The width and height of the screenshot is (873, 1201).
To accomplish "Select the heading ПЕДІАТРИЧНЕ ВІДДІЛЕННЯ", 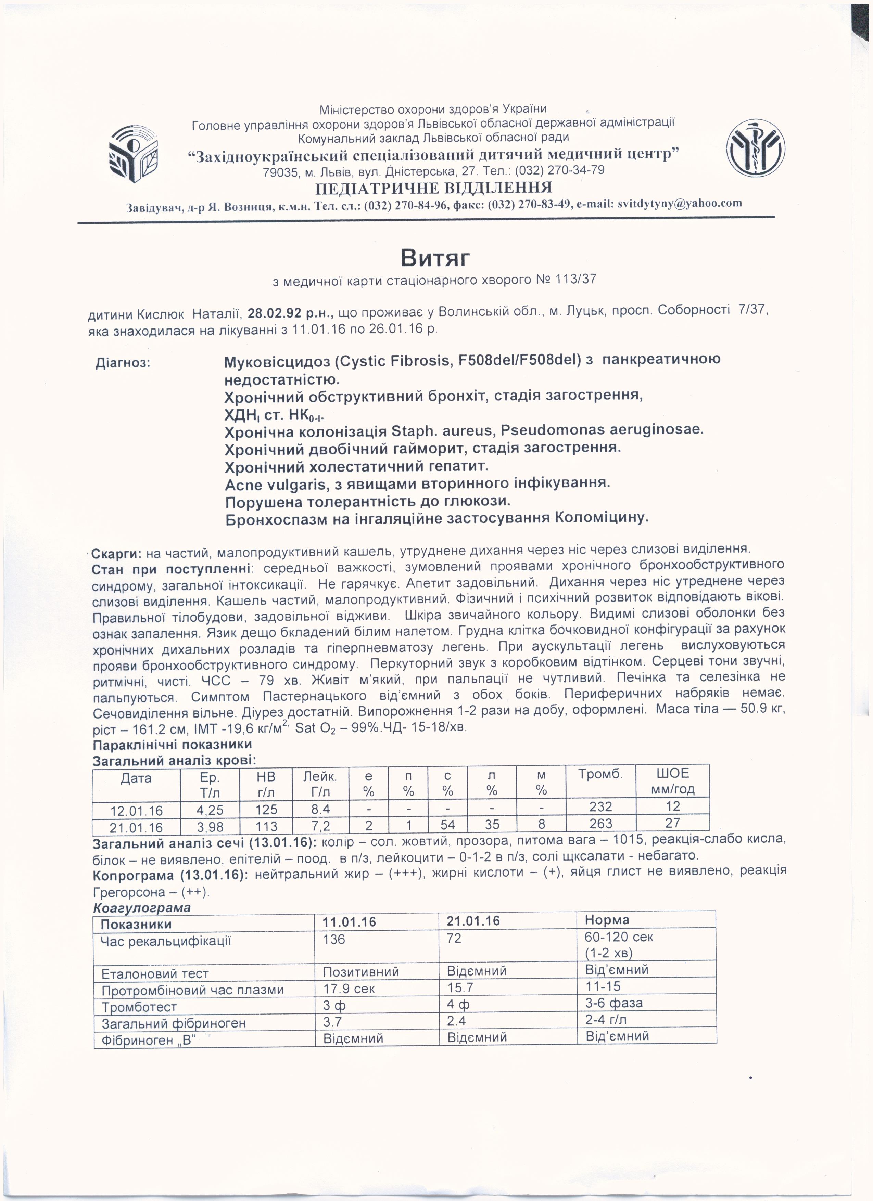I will pos(433,188).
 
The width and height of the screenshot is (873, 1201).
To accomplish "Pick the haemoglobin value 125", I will pos(266,809).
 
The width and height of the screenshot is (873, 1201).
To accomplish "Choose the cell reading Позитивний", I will pos(361,971).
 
